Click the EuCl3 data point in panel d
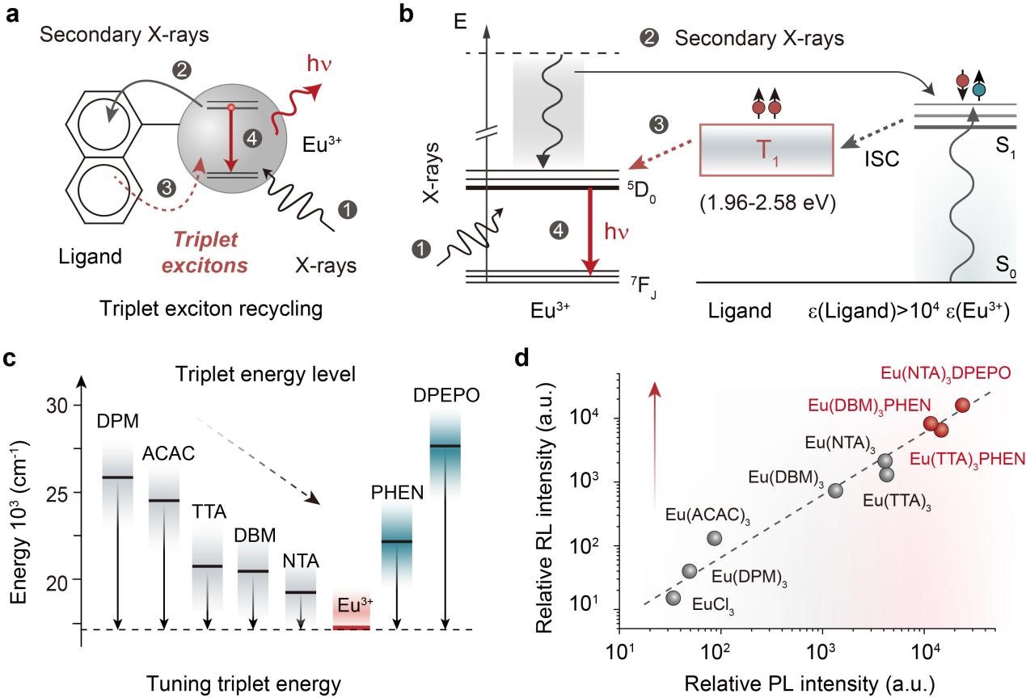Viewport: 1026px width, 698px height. (x=673, y=598)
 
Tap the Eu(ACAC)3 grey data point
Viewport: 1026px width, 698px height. (x=714, y=538)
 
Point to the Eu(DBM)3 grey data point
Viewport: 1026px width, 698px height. (x=836, y=490)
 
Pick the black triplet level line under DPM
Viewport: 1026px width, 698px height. (x=117, y=477)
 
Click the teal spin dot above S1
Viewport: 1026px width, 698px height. (x=980, y=90)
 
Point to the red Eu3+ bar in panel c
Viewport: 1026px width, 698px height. (x=352, y=627)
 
